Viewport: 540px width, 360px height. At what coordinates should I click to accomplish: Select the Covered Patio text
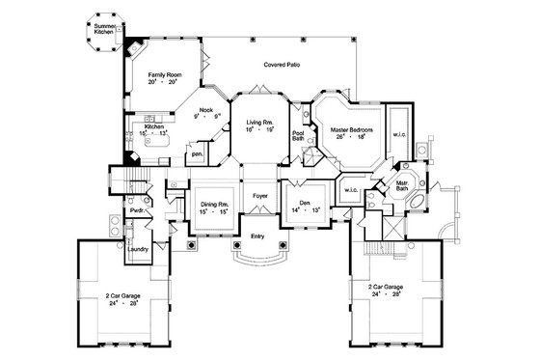pyautogui.click(x=281, y=64)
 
